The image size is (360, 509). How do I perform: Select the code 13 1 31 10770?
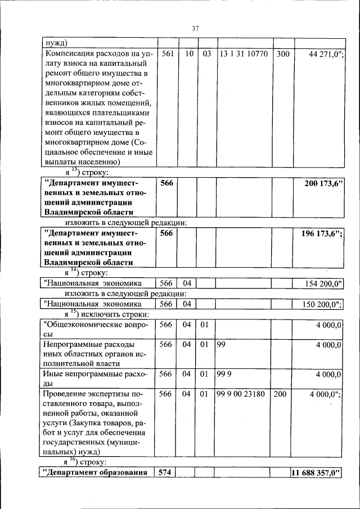[244, 54]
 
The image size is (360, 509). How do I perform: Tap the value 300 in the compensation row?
[283, 54]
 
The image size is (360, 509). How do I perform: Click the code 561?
[166, 54]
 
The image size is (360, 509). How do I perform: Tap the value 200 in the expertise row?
[280, 394]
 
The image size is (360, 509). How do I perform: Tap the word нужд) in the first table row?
[56, 43]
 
